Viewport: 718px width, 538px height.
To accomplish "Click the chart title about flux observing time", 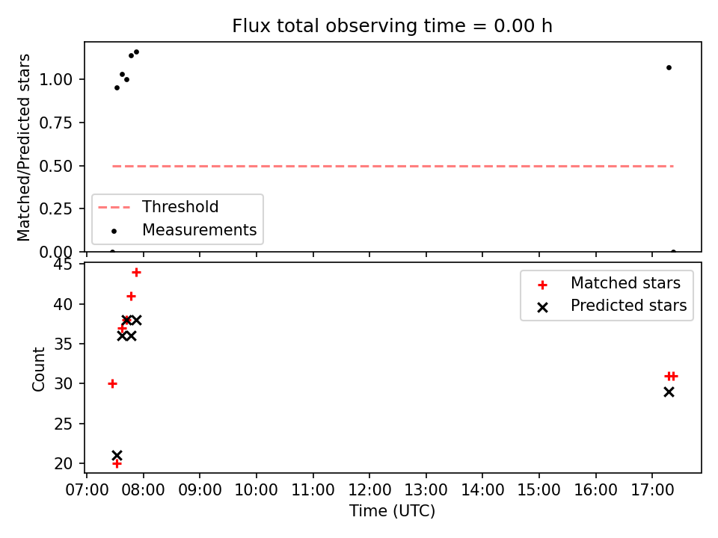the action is (x=392, y=26).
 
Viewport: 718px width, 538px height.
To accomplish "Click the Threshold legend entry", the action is (x=159, y=207).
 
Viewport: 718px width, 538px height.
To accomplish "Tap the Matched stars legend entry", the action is (x=609, y=283).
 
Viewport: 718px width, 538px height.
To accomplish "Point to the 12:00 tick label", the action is (x=369, y=490).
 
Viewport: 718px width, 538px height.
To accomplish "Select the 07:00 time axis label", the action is (x=87, y=490).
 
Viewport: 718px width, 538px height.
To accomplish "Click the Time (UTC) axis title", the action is (x=392, y=510).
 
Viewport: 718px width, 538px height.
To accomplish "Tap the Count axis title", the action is (x=38, y=368).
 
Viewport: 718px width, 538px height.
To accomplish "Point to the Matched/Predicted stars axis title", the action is (x=23, y=147).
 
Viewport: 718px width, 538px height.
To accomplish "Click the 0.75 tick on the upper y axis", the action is (x=56, y=123).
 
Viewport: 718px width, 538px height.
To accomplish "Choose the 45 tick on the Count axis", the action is (x=63, y=265).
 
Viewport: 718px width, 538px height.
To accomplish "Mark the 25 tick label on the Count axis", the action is (x=63, y=424).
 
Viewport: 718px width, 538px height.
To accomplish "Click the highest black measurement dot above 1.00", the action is (x=136, y=52).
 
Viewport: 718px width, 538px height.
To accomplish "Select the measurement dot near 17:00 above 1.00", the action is (x=669, y=68).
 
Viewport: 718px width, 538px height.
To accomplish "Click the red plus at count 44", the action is (x=136, y=273).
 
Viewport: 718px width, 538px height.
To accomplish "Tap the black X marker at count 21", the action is (x=117, y=456).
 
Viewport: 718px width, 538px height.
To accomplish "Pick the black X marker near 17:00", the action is (x=669, y=392).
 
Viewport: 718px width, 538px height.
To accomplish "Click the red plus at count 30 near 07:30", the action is (x=113, y=384).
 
